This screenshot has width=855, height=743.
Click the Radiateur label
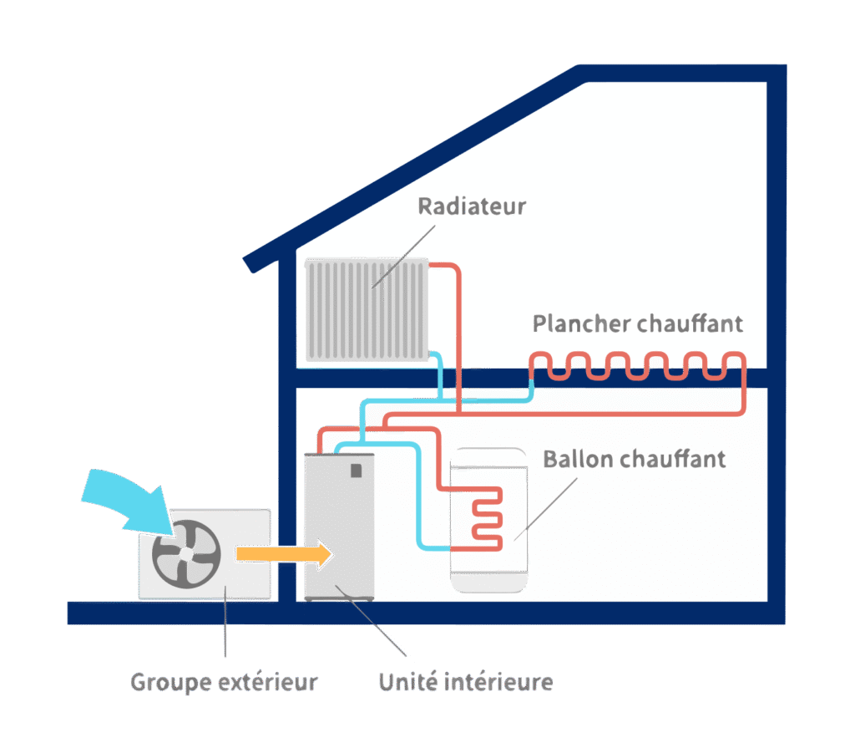(x=472, y=206)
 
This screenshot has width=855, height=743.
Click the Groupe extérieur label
(x=224, y=681)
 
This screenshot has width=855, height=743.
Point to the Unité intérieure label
(x=465, y=681)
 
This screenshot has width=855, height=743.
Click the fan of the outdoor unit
(x=185, y=552)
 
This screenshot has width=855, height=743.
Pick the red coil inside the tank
(x=484, y=518)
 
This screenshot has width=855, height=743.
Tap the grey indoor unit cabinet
(x=339, y=535)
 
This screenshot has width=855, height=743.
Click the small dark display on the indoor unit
(x=357, y=470)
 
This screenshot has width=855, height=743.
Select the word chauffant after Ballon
(x=674, y=459)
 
